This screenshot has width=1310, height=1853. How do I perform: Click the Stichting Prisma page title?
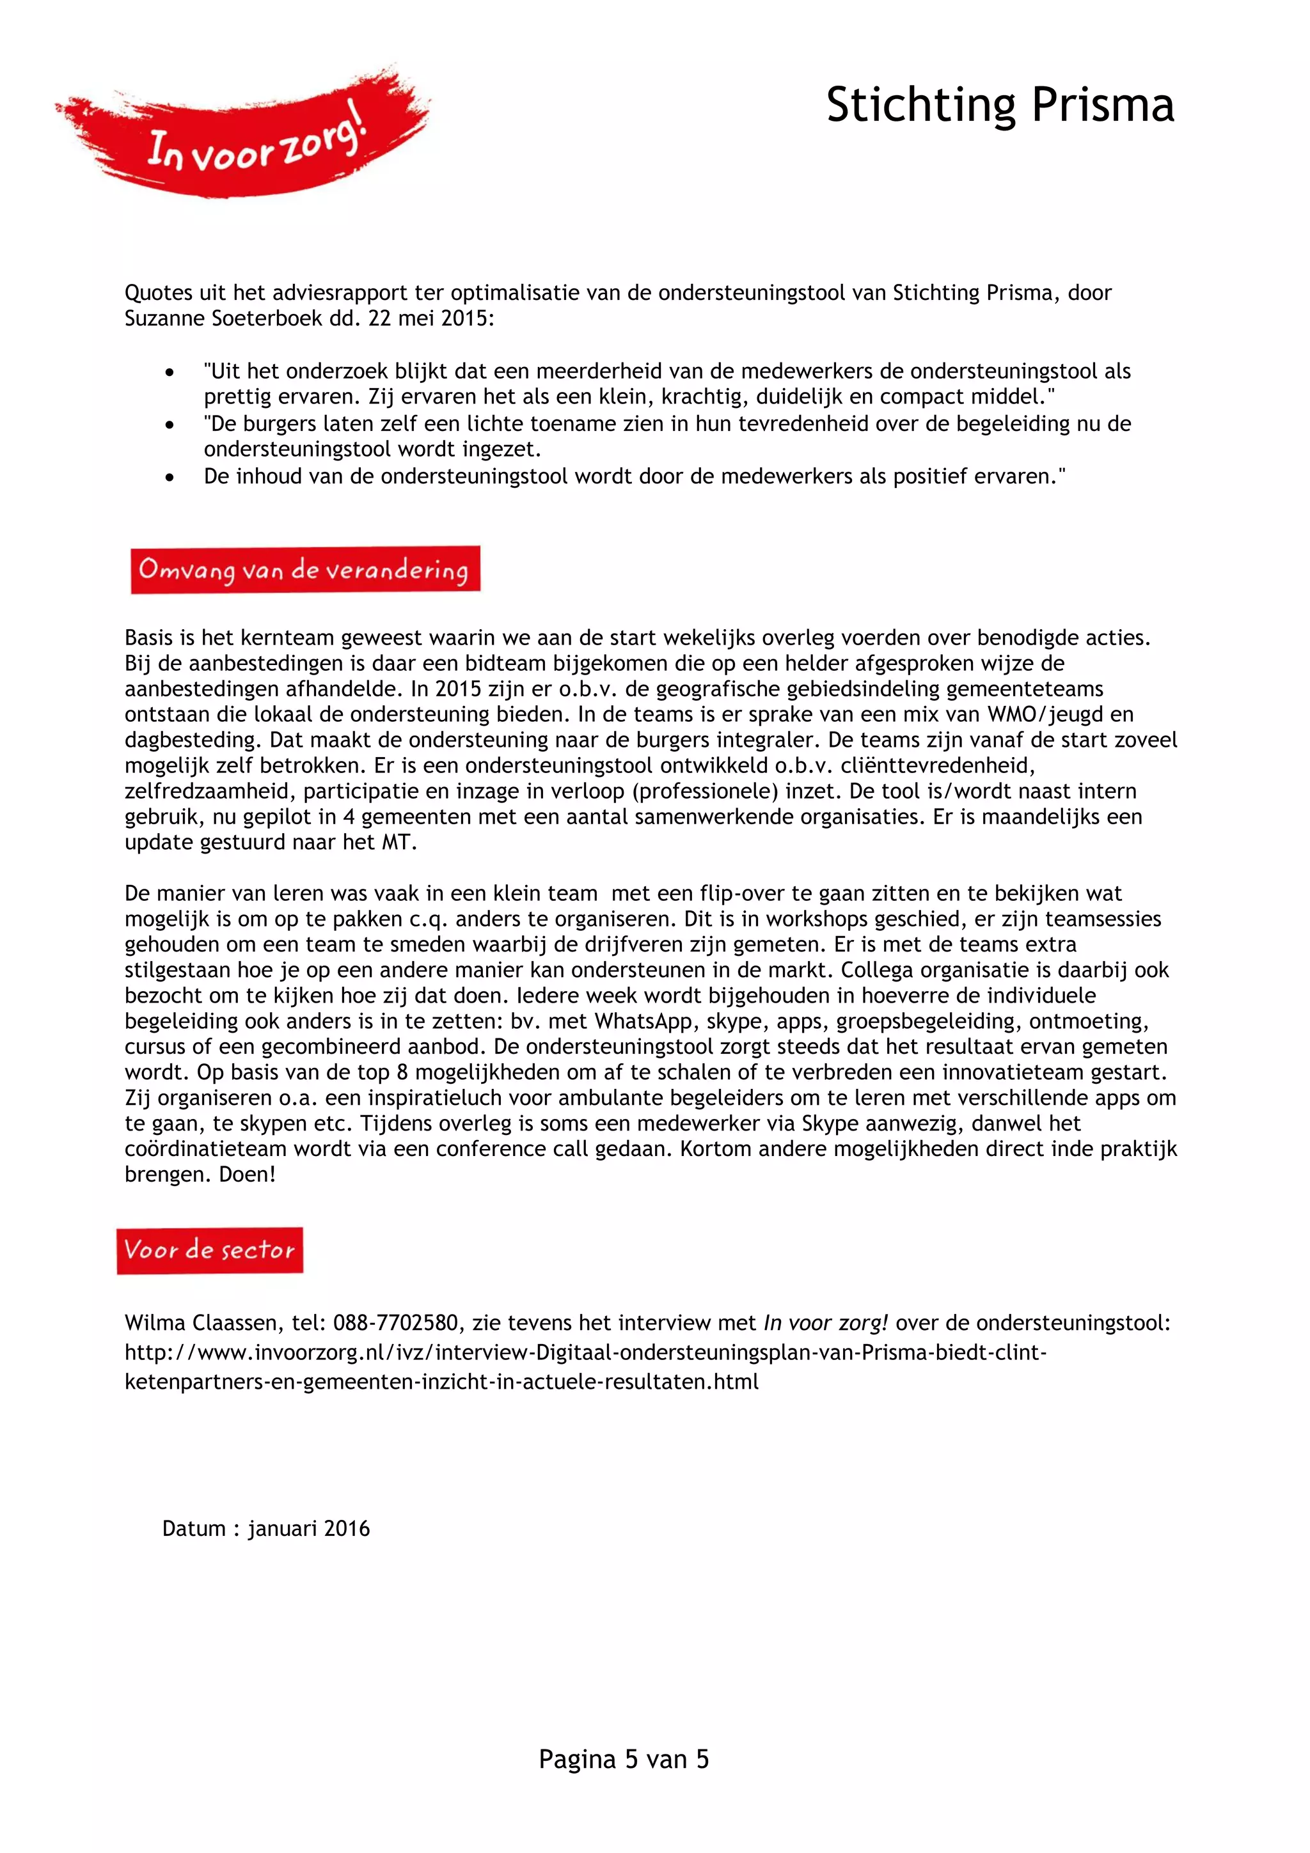(999, 106)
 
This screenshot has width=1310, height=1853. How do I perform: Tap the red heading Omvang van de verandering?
(305, 570)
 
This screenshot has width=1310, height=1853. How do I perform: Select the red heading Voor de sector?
(210, 1250)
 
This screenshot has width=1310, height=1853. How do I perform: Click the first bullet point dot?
(170, 372)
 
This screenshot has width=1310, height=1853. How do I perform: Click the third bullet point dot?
(170, 477)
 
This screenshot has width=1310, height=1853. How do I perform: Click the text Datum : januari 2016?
(265, 1529)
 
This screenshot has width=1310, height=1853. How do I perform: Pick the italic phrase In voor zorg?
(826, 1324)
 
